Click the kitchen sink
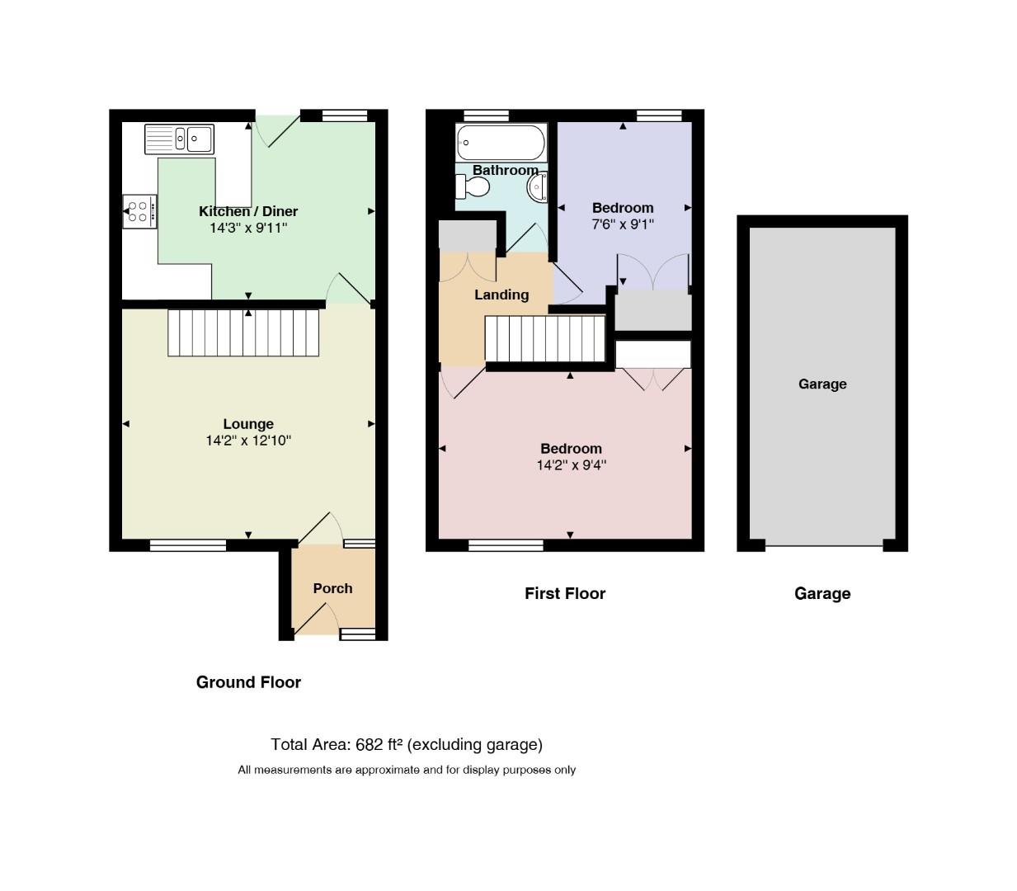coord(180,139)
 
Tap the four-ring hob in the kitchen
coord(139,211)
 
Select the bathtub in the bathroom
coord(501,143)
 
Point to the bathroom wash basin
coord(537,187)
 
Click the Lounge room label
coord(248,423)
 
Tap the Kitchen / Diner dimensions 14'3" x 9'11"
coord(248,229)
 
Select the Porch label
coord(332,588)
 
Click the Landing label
coord(501,295)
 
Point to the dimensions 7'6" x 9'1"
coord(623,224)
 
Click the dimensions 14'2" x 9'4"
coord(571,465)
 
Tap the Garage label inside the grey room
coord(822,384)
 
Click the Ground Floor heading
coord(248,682)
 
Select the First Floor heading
coord(565,593)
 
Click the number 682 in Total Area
coord(370,744)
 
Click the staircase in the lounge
coord(243,333)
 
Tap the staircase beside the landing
coord(544,338)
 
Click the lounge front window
coord(188,545)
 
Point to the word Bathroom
coord(506,170)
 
